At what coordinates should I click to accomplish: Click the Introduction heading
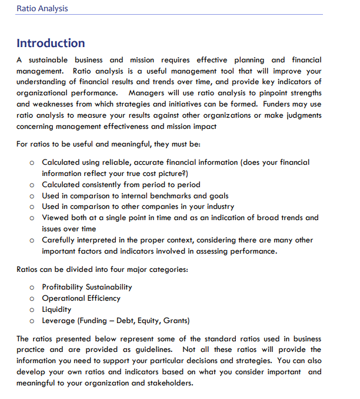tap(51, 43)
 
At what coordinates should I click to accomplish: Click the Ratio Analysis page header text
tap(42, 8)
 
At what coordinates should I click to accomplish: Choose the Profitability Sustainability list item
tap(86, 287)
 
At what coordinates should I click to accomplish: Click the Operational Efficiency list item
tap(81, 298)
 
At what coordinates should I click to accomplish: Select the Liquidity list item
tap(56, 310)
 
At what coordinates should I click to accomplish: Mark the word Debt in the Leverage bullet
tap(116, 321)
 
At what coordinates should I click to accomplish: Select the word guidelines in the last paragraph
tap(147, 350)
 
